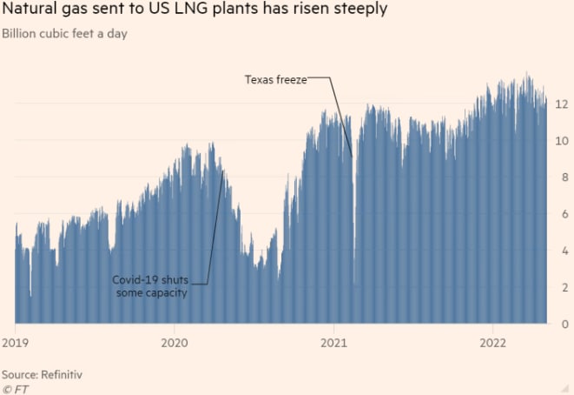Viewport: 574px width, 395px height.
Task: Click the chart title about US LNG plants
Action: coord(195,11)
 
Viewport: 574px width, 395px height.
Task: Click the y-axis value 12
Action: coord(562,104)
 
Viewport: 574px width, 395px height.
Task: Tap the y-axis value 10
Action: coord(562,140)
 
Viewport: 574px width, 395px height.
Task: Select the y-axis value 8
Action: coord(564,177)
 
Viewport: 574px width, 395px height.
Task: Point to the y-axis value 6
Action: coord(564,214)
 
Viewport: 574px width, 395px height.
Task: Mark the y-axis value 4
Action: coord(564,251)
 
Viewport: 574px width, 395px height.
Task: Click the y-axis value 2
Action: coord(564,287)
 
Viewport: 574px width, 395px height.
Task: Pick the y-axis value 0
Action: coord(564,324)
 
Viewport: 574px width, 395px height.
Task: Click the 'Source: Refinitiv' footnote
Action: coord(48,373)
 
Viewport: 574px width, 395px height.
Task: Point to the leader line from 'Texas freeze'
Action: coord(341,113)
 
